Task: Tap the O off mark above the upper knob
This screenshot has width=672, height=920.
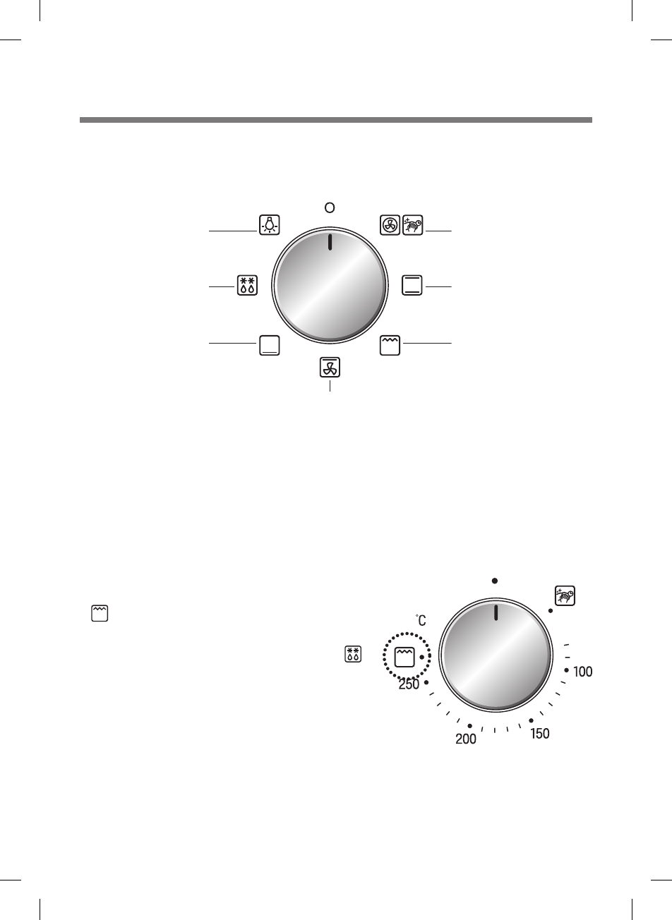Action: [x=330, y=207]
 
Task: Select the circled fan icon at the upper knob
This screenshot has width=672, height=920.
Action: [x=390, y=224]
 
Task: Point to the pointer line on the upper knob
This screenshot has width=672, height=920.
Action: [x=330, y=242]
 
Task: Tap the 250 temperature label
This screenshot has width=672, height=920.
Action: [x=409, y=684]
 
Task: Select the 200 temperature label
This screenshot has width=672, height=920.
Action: [x=466, y=739]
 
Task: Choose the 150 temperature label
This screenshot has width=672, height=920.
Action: [x=539, y=734]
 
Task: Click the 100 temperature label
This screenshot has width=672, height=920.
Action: [x=582, y=672]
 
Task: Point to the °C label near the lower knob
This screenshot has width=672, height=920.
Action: [x=420, y=620]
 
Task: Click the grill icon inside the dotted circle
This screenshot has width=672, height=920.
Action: [x=404, y=656]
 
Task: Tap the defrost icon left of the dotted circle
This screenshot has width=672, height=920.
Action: [x=353, y=654]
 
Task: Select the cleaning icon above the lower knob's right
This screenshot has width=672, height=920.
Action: [x=565, y=595]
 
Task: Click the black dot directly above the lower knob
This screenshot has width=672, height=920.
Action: [x=496, y=581]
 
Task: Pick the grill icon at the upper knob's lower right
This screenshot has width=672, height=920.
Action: [x=390, y=344]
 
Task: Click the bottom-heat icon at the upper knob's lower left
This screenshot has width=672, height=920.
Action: [x=269, y=344]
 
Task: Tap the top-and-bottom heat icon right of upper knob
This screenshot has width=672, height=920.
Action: [x=412, y=285]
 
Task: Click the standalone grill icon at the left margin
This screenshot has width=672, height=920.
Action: [x=100, y=612]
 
